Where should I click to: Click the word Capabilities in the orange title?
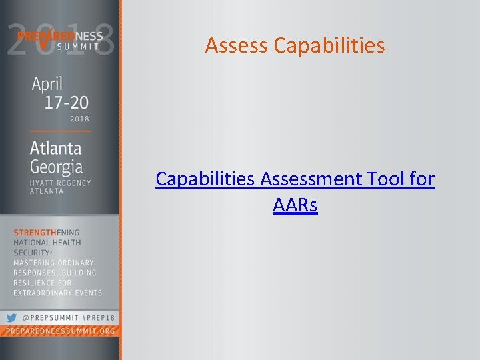click(x=329, y=45)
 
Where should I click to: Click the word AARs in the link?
click(x=295, y=205)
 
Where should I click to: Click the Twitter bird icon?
click(x=11, y=318)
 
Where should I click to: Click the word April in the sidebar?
click(x=47, y=85)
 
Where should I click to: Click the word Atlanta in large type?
click(x=55, y=147)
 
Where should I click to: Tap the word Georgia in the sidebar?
click(x=56, y=166)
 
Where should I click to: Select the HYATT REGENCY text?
click(x=61, y=183)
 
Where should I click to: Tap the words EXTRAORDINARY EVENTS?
click(x=58, y=293)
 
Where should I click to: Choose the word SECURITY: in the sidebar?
click(x=33, y=253)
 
